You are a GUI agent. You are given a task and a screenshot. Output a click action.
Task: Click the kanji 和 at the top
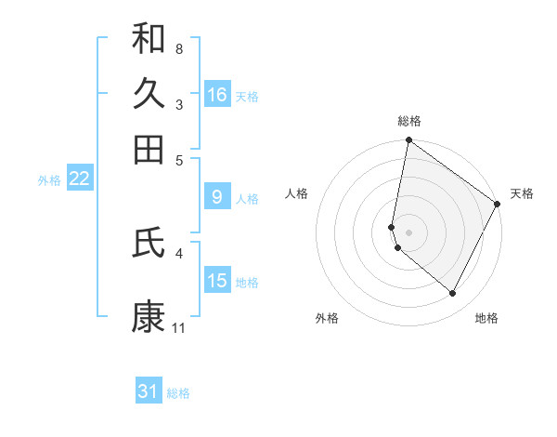149,38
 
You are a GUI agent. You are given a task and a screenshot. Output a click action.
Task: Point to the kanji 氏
149,243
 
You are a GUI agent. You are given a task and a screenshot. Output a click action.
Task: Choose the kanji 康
149,317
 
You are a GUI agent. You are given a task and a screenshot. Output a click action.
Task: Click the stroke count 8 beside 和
178,47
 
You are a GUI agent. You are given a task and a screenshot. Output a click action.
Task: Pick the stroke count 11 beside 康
178,327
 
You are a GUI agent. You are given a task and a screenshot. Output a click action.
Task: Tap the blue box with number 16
217,95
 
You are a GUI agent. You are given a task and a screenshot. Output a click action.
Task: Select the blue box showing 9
217,197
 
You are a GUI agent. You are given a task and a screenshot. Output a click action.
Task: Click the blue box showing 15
217,281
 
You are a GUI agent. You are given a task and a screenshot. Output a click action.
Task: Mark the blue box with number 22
79,179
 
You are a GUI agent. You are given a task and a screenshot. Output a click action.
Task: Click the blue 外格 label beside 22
49,180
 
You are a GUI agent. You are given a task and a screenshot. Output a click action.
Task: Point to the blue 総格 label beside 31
178,393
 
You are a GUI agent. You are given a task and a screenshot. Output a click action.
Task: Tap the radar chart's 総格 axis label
409,121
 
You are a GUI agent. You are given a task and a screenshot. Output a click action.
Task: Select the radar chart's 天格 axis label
522,193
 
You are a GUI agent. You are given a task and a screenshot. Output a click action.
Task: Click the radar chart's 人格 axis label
297,193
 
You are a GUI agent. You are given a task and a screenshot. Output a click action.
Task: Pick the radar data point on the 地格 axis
452,294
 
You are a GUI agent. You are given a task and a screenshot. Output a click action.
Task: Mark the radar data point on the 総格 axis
409,141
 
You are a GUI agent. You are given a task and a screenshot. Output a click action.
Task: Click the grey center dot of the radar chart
409,231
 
